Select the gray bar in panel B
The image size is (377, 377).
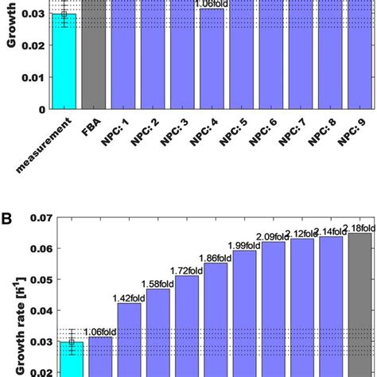(358, 302)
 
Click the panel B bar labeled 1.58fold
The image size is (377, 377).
(157, 330)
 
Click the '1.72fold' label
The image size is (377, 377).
(186, 270)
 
